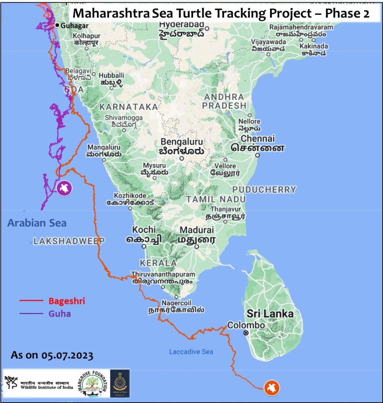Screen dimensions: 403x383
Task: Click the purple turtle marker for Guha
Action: click(x=65, y=188)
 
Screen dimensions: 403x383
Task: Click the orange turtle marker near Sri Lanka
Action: click(x=271, y=387)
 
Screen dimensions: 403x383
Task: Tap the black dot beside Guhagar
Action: click(x=57, y=25)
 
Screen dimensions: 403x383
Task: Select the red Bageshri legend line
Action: click(x=31, y=301)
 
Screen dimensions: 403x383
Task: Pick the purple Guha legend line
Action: click(x=31, y=314)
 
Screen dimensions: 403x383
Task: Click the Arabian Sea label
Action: click(x=37, y=223)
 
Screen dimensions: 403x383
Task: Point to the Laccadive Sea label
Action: click(x=191, y=352)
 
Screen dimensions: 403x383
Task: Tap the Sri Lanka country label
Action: click(x=270, y=314)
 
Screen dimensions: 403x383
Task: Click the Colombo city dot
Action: click(x=246, y=333)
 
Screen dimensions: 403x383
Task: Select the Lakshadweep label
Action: click(x=69, y=241)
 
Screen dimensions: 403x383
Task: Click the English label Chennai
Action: click(x=257, y=138)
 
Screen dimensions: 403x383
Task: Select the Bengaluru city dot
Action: click(x=181, y=159)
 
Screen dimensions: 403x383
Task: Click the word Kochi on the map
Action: click(x=144, y=229)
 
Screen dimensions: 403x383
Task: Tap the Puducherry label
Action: click(x=264, y=189)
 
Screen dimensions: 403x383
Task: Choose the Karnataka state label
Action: click(x=129, y=107)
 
